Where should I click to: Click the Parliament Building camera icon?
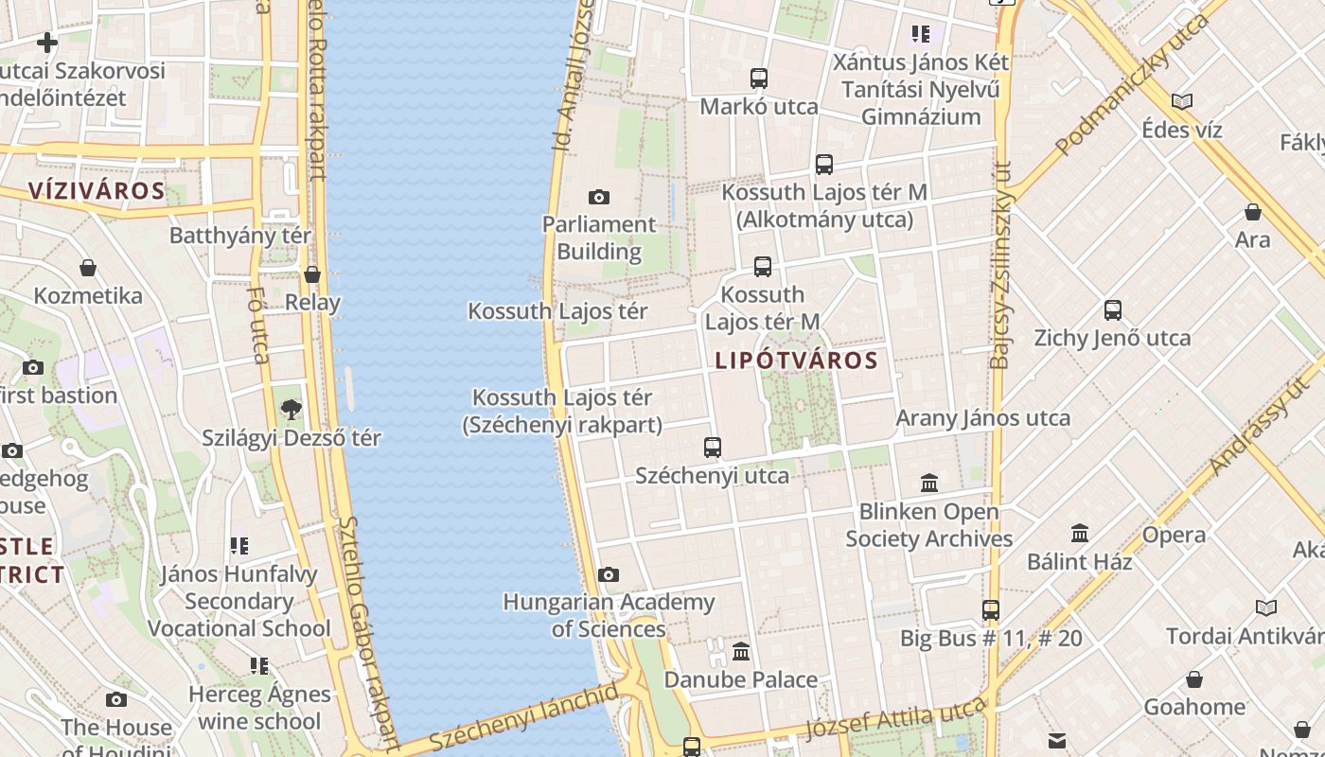(x=598, y=197)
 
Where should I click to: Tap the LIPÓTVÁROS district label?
(x=796, y=361)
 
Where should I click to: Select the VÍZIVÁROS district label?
(x=97, y=191)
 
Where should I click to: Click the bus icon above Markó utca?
(x=758, y=79)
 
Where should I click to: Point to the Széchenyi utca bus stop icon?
(x=712, y=447)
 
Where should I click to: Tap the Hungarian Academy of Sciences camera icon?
(x=609, y=574)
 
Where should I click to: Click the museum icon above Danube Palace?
(x=741, y=652)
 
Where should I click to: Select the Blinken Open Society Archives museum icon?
(x=928, y=484)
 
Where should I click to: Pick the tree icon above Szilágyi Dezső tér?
(x=291, y=410)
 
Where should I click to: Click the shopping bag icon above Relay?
(x=312, y=275)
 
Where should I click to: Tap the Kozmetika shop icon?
(x=88, y=268)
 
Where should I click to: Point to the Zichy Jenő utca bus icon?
(x=1112, y=310)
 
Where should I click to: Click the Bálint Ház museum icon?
(x=1079, y=534)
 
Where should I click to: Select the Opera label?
(x=1174, y=535)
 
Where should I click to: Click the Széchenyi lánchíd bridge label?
(x=524, y=718)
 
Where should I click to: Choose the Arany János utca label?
(x=983, y=418)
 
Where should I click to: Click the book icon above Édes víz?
(x=1181, y=101)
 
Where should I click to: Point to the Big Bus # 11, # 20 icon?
(x=990, y=610)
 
